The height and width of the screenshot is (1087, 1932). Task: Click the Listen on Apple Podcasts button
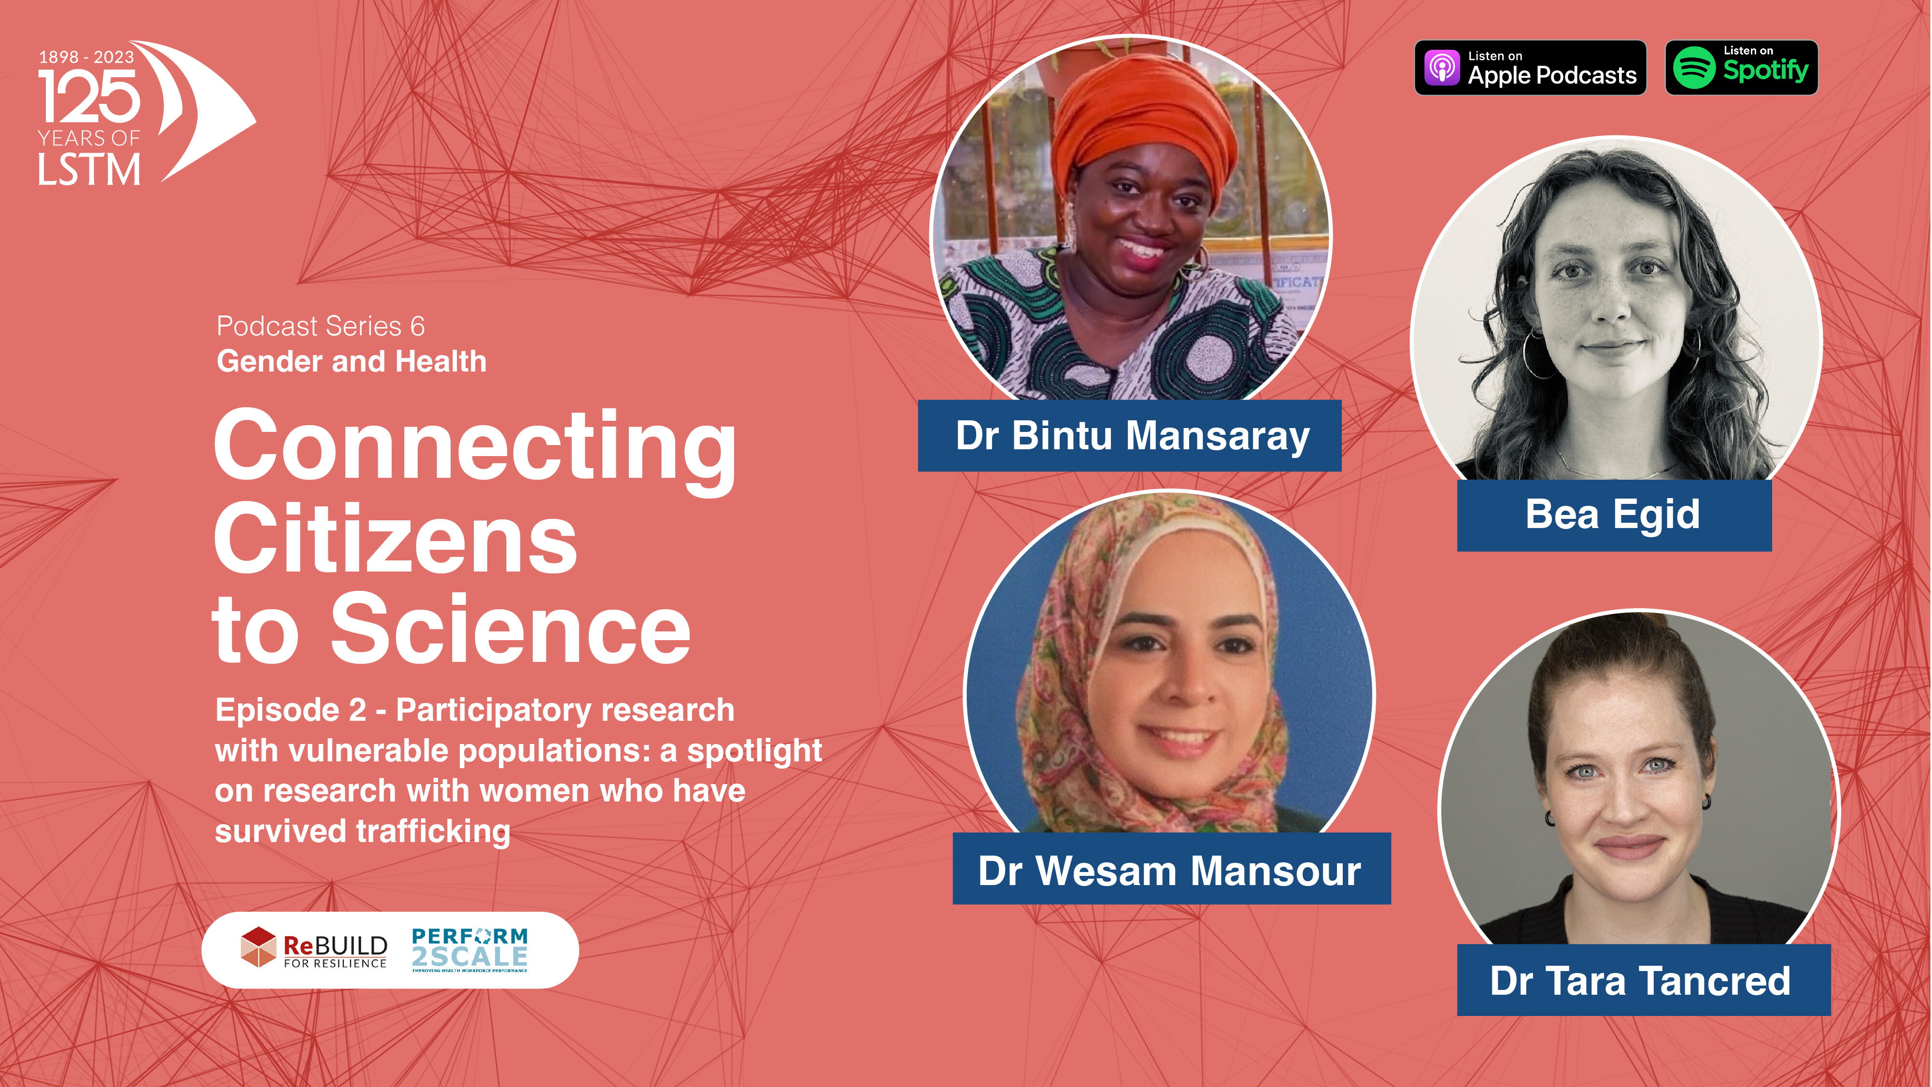click(1530, 68)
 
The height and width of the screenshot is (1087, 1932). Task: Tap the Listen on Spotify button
click(1742, 68)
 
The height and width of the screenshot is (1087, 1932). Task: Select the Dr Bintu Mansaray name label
click(1130, 436)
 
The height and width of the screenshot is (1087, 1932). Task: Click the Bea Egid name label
click(1614, 515)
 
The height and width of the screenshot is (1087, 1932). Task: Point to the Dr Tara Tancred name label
click(1643, 981)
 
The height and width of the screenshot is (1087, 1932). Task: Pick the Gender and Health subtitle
click(352, 361)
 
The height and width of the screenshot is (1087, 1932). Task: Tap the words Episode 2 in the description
click(291, 710)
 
